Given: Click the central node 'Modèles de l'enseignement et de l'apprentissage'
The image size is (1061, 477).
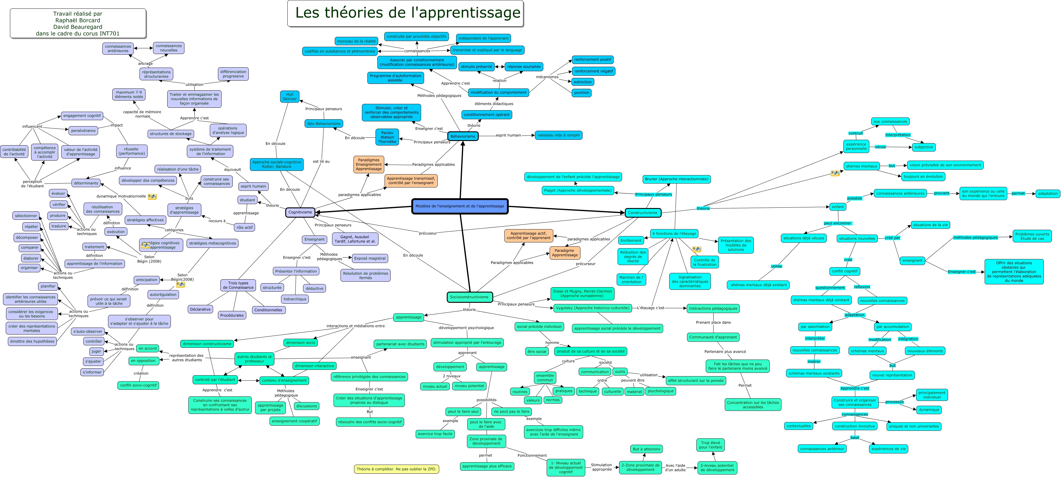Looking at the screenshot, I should coord(460,206).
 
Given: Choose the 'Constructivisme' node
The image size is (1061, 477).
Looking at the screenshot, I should coord(643,213).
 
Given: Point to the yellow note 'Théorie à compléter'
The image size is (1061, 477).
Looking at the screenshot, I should coord(396,469).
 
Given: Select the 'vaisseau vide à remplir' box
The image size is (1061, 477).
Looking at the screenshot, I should coord(558,135).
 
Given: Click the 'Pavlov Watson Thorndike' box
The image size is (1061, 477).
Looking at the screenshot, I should coord(387,137).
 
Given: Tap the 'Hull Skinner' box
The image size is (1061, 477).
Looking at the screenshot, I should coord(289,96).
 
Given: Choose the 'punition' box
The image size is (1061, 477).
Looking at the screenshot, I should coord(582,93).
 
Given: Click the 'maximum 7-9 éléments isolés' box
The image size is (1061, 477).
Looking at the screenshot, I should coord(129,94).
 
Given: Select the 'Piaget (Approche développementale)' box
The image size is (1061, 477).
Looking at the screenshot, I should coord(577,190).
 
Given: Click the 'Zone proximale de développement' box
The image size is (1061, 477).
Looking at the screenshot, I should coord(486,441).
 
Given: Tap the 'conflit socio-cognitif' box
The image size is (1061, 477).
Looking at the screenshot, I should coord(138,385).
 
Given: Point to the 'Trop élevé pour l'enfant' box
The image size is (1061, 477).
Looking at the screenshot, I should coord(711,445).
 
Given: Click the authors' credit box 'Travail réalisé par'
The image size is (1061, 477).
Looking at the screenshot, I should coord(78,24).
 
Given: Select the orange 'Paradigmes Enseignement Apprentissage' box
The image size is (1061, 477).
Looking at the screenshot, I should coord(369,164).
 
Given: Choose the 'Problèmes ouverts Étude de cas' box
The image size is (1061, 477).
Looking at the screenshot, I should coord(1032,236).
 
